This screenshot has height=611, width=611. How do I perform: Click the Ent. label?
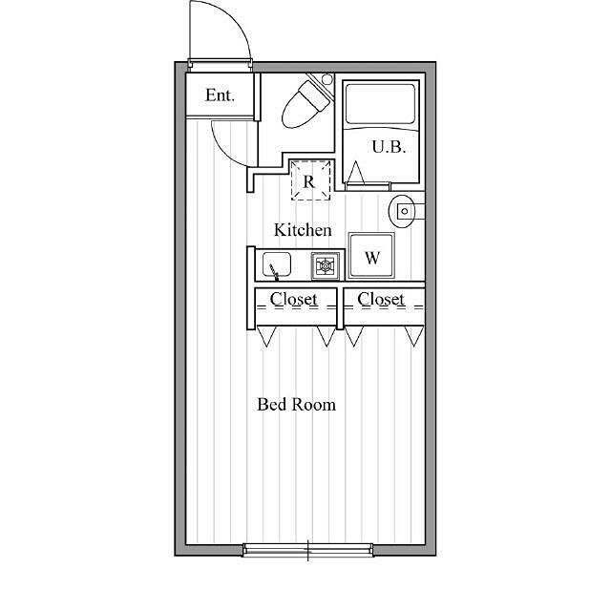click(220, 95)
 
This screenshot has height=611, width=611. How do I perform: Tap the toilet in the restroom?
click(305, 104)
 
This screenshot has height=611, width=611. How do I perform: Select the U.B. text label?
click(389, 147)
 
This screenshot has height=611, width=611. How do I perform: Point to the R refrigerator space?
click(310, 180)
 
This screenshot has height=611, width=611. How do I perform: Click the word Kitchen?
click(303, 230)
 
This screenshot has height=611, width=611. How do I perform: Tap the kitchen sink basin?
click(277, 264)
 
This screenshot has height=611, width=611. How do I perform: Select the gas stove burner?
click(325, 265)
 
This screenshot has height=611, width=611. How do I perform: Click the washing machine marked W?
click(371, 256)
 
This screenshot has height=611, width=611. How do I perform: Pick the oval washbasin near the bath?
click(402, 211)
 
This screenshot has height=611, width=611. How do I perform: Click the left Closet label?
click(293, 299)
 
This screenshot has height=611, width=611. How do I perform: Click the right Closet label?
click(381, 299)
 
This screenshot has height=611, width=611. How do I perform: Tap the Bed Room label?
click(296, 405)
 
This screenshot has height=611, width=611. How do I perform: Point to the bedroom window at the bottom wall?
click(307, 550)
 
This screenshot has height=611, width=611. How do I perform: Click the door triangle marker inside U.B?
click(355, 172)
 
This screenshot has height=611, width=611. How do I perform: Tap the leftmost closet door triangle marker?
click(266, 336)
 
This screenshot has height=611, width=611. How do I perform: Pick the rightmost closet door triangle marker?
click(413, 336)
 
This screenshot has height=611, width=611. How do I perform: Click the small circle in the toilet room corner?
click(327, 79)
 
